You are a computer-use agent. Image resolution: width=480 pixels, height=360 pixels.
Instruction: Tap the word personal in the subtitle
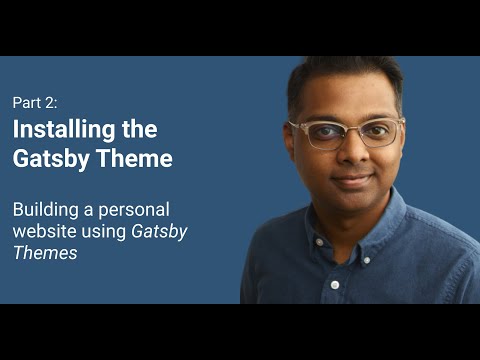(134, 210)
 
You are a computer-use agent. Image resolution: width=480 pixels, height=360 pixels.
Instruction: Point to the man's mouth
(350, 181)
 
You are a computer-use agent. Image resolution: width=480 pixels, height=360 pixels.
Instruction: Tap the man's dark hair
(345, 75)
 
